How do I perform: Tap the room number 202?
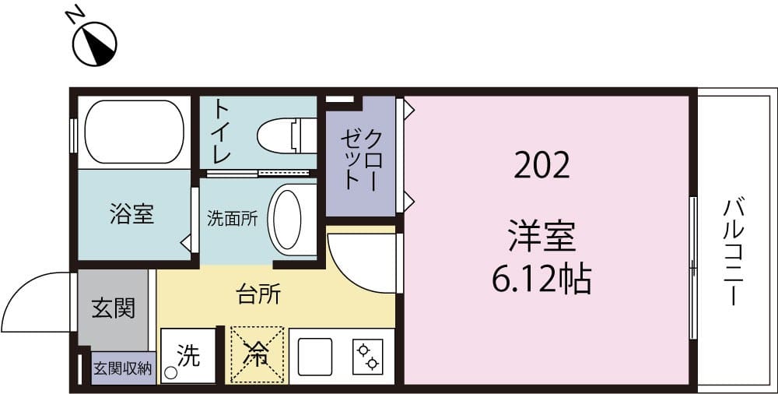coord(541,164)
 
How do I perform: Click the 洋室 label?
coord(541,237)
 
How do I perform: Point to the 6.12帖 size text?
coord(541,278)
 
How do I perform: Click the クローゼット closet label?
coord(361,160)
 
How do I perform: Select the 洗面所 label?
coord(232,219)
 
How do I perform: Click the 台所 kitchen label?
coord(258,296)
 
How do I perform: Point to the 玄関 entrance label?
coord(113,308)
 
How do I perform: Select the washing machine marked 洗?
coord(187,357)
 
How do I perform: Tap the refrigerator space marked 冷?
coord(255,355)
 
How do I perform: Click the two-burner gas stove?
coord(367,356)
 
